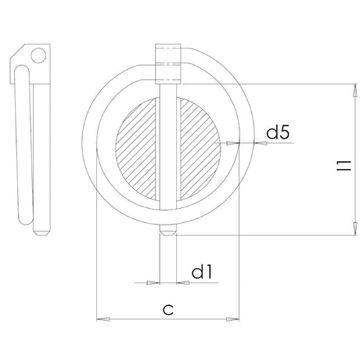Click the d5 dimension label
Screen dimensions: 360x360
278,134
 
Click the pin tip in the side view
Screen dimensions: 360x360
38,232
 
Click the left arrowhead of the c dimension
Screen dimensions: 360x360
100,319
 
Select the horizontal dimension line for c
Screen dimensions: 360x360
167,319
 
